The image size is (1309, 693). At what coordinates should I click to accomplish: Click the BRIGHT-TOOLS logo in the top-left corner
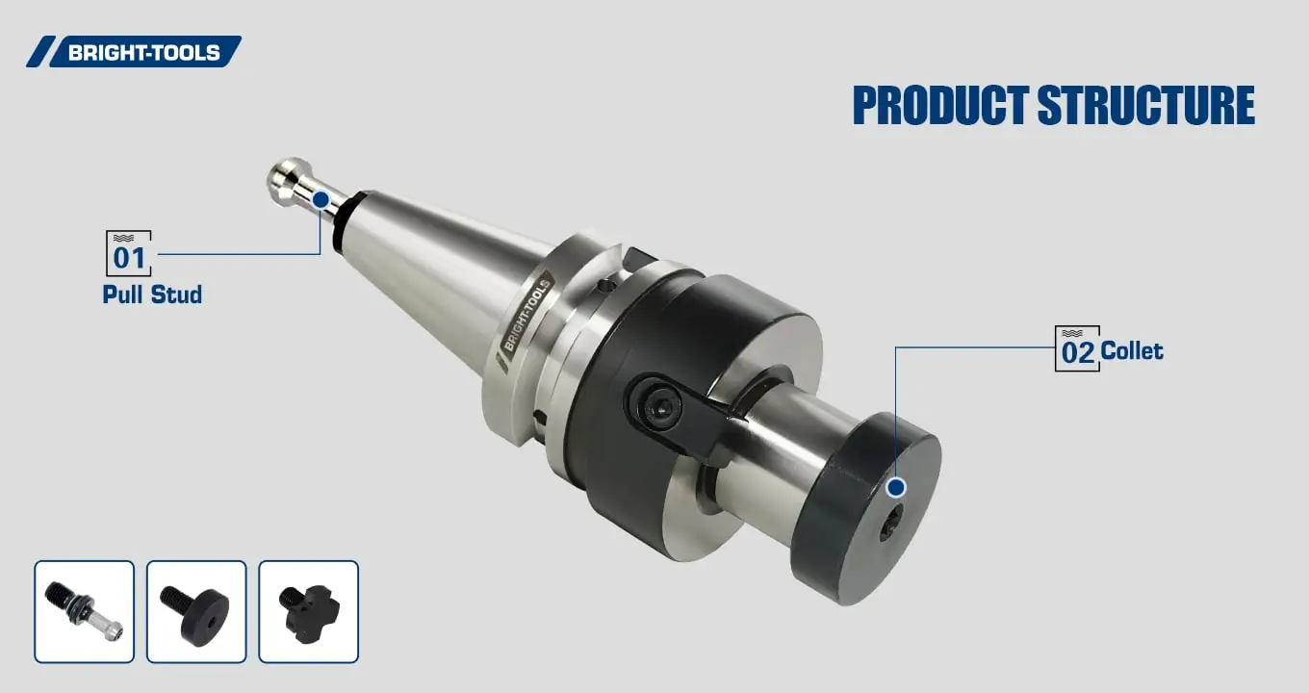134,52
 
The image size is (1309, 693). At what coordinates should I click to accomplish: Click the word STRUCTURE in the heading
1145,106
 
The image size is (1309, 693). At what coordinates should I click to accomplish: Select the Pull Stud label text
152,295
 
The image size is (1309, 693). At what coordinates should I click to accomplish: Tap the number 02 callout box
1077,349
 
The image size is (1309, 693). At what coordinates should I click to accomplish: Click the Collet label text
1132,350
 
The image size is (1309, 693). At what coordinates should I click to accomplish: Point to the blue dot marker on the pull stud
321,199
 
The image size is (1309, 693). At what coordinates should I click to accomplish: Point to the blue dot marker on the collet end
896,487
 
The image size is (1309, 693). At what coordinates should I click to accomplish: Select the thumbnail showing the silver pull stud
85,612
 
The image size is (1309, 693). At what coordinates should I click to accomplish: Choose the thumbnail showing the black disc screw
196,612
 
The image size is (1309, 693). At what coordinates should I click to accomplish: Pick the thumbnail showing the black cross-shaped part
308,612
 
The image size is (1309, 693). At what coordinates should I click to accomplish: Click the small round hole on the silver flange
603,285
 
